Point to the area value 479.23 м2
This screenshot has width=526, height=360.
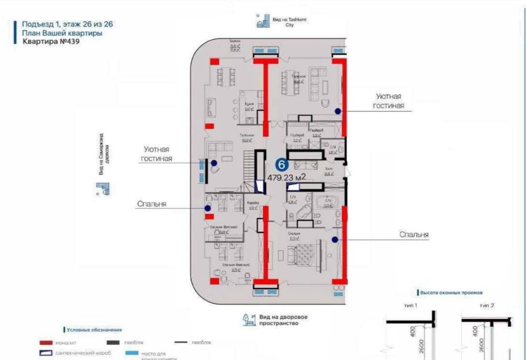point(287,178)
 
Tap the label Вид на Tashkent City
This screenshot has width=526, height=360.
point(284,21)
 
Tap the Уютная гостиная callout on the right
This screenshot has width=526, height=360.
point(390,102)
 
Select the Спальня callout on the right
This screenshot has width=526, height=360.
point(413,235)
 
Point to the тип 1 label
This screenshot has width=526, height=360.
point(411,305)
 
